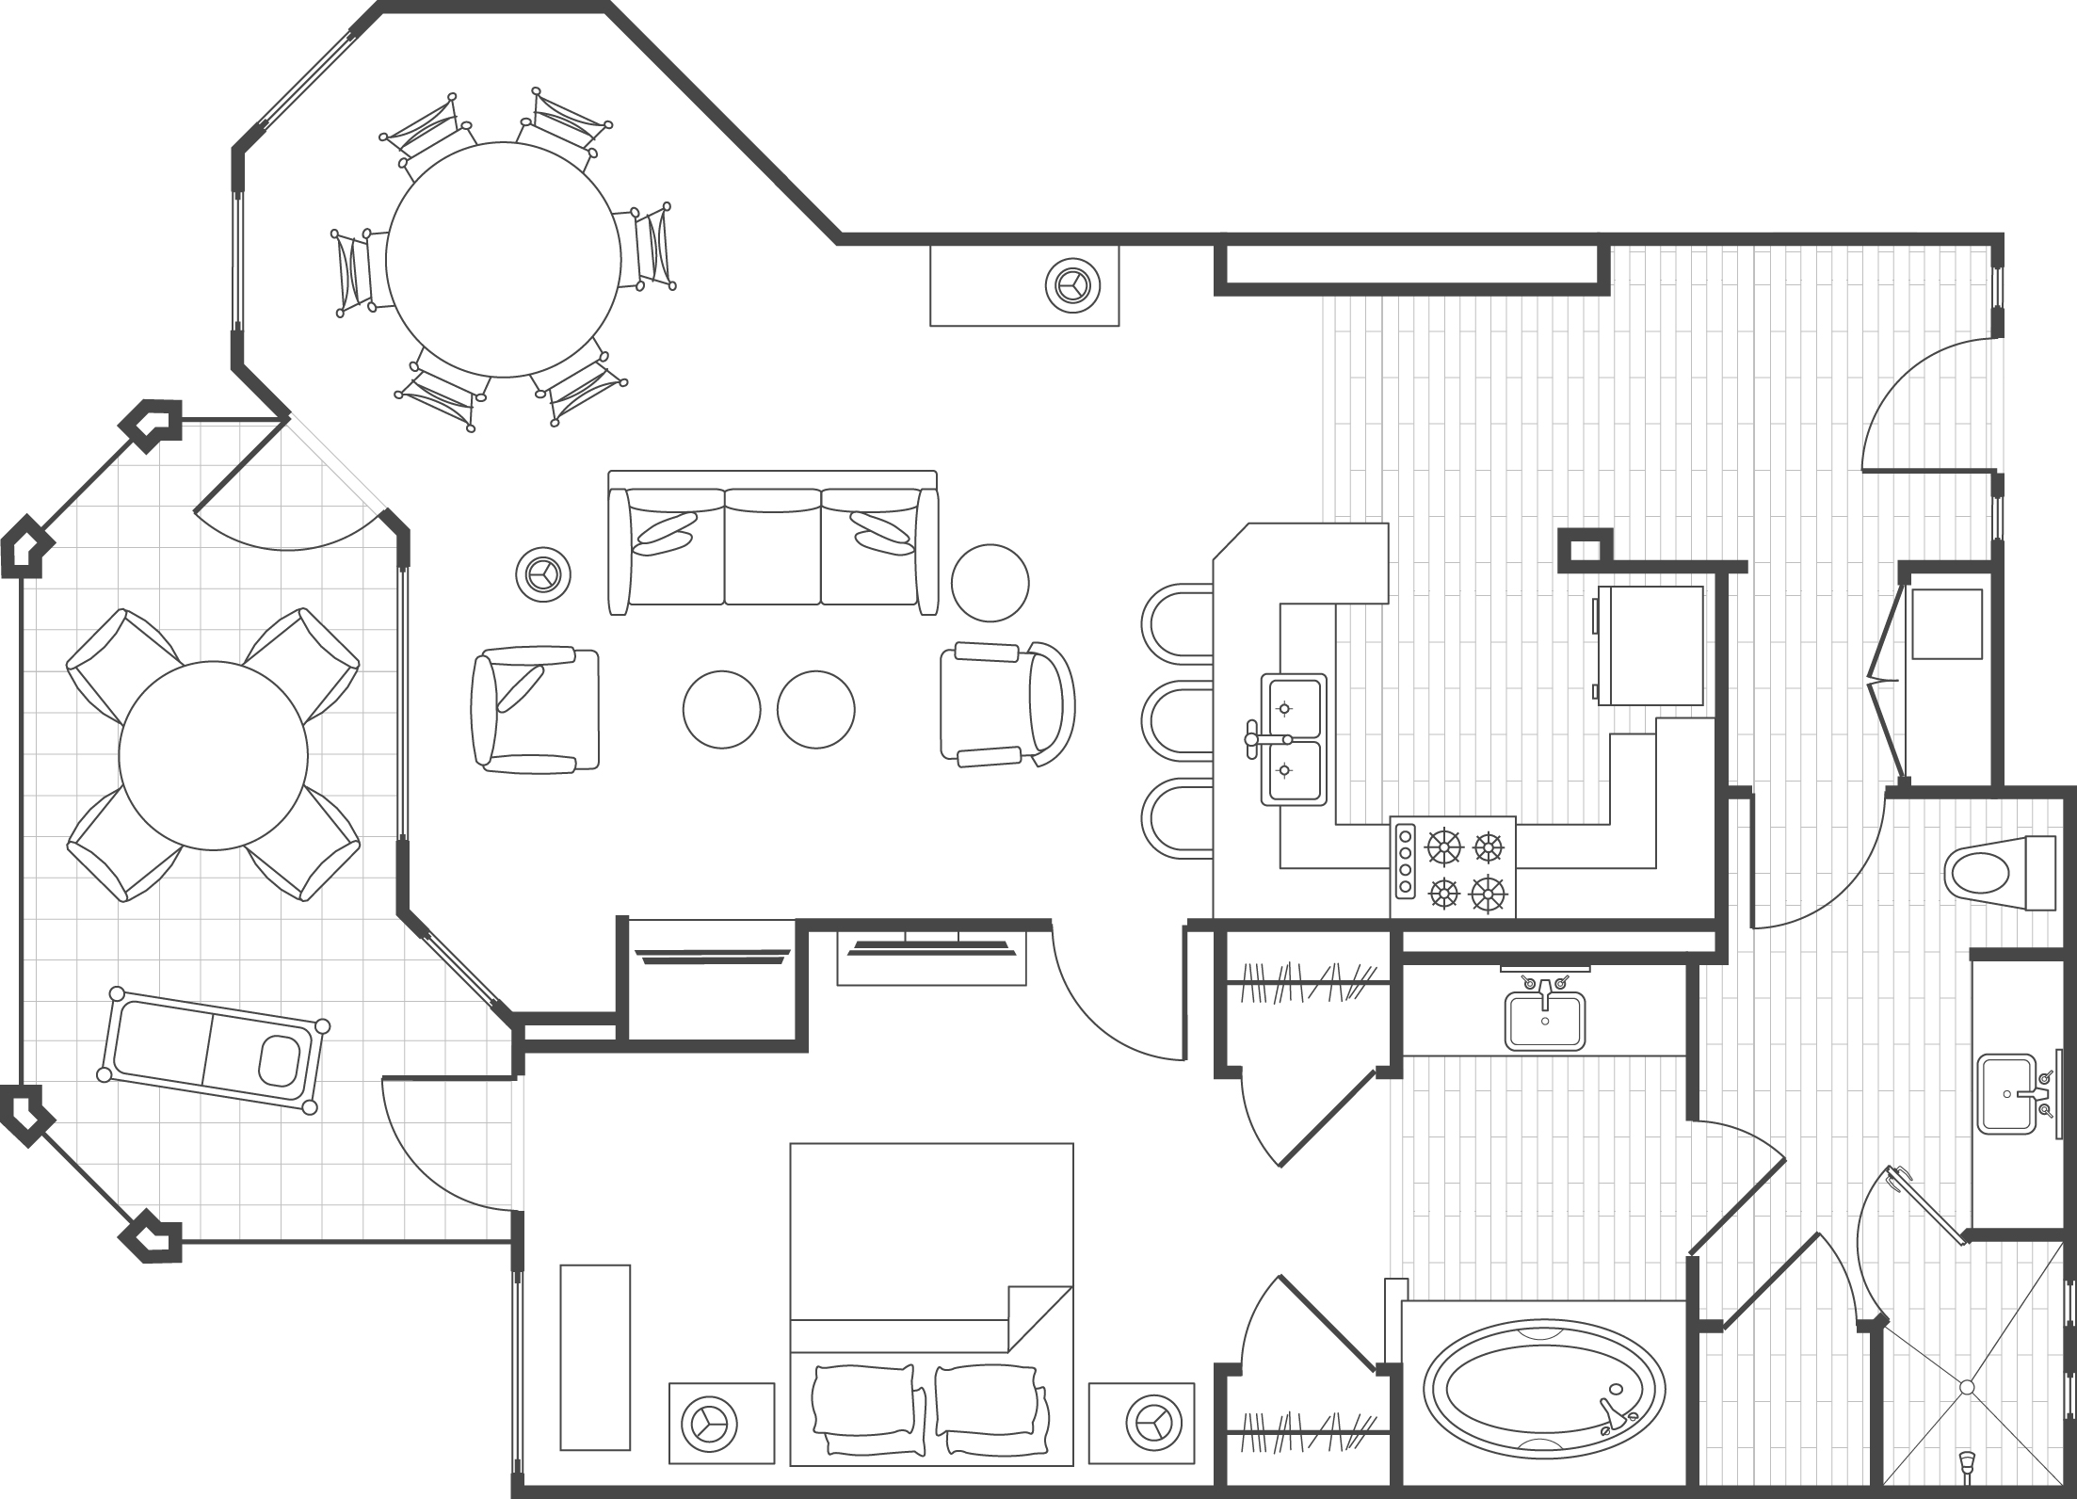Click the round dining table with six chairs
click(503, 259)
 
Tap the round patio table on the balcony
click(214, 755)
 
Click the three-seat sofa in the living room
click(772, 546)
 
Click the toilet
click(1987, 873)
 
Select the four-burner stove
click(1453, 866)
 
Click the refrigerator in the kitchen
click(1650, 646)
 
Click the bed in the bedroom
click(930, 1318)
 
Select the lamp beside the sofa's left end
click(543, 572)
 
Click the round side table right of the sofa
click(990, 583)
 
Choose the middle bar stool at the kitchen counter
click(1177, 723)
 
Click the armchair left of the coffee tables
click(535, 709)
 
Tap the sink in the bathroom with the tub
click(1544, 1023)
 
